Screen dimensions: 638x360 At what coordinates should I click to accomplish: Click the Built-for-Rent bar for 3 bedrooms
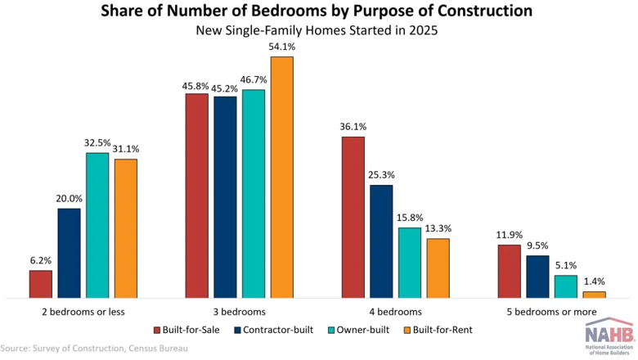point(282,178)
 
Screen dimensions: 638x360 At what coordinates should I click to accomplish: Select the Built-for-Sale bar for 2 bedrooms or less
point(41,285)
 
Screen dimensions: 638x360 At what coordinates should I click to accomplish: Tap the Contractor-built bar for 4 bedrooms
point(381,241)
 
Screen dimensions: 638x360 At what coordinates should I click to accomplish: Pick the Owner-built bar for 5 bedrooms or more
point(566,287)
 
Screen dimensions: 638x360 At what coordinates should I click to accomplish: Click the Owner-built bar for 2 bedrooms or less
point(97,225)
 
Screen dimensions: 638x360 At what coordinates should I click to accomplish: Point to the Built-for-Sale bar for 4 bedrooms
point(353,218)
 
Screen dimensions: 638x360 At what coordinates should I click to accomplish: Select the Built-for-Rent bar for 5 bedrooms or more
point(594,295)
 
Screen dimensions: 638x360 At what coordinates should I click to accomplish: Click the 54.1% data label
point(282,47)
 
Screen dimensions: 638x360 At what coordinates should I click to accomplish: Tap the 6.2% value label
point(41,261)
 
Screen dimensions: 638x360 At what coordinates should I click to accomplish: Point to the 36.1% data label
point(353,127)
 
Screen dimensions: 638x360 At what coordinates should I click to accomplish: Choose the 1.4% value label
point(594,281)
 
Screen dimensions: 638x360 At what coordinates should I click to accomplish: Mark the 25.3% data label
point(381,175)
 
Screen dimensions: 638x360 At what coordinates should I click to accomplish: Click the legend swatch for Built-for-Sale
point(157,330)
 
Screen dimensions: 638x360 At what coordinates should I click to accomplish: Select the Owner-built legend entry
point(358,330)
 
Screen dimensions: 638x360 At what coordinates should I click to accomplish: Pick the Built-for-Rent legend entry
point(438,330)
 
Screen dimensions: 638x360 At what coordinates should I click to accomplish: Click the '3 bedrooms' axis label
point(239,312)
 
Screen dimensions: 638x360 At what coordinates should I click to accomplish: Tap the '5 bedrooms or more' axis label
point(551,312)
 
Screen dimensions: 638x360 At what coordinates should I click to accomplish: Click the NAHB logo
point(609,336)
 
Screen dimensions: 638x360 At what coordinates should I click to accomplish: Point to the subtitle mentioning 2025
point(317,30)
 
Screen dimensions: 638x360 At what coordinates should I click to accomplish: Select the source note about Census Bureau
point(94,349)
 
